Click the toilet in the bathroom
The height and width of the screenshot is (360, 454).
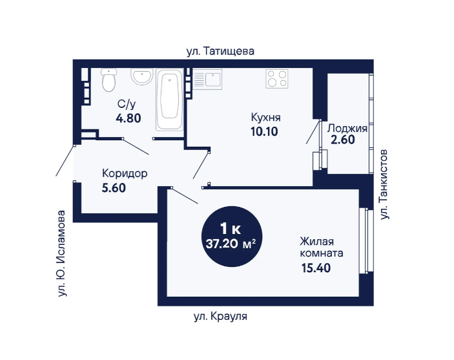109,79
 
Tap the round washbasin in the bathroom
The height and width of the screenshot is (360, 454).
141,76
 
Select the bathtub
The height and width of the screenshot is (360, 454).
170,100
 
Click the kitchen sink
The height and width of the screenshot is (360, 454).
207,79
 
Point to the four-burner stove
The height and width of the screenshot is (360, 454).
277,79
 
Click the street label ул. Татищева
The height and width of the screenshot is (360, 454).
220,51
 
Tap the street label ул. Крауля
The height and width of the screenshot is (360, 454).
220,316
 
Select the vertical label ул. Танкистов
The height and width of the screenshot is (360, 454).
384,184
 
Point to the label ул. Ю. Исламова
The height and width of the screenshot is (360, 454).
62,253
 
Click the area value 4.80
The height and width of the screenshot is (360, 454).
129,118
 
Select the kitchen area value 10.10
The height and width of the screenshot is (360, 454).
264,132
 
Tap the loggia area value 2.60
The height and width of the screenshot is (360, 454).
343,140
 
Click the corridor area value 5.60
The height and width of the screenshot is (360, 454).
114,188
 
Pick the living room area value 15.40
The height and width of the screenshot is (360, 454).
316,268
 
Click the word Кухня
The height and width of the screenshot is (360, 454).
265,118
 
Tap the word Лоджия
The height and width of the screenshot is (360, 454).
347,128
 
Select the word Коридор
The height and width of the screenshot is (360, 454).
125,174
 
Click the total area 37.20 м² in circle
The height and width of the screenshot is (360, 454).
231,244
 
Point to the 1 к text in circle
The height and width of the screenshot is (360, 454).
231,229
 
